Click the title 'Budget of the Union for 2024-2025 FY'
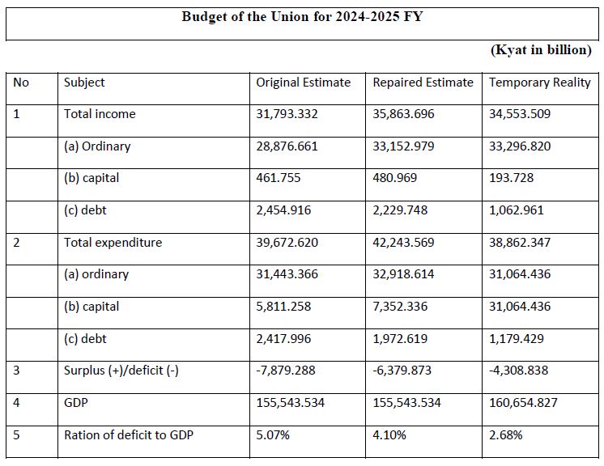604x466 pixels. tap(302, 17)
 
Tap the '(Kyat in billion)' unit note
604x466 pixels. tap(541, 50)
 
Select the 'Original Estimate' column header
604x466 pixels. tap(303, 83)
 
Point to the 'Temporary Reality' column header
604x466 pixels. tap(540, 83)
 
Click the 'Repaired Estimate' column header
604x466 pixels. tap(423, 83)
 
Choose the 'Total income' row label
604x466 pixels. tap(100, 114)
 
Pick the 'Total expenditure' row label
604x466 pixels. tap(113, 243)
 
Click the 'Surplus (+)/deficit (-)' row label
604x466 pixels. tap(121, 371)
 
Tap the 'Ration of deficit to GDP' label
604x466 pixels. tap(129, 434)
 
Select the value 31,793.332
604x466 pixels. tap(287, 114)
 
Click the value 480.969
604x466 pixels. tap(395, 178)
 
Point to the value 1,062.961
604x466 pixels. tap(517, 210)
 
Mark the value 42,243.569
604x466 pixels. tap(403, 243)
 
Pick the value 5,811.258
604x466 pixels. tap(283, 307)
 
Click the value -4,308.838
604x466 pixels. tap(518, 371)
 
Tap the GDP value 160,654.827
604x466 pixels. tap(523, 403)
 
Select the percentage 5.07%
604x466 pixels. tap(273, 435)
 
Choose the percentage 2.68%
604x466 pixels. tap(506, 435)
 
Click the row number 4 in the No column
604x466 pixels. tap(16, 403)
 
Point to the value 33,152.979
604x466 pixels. tap(403, 146)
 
